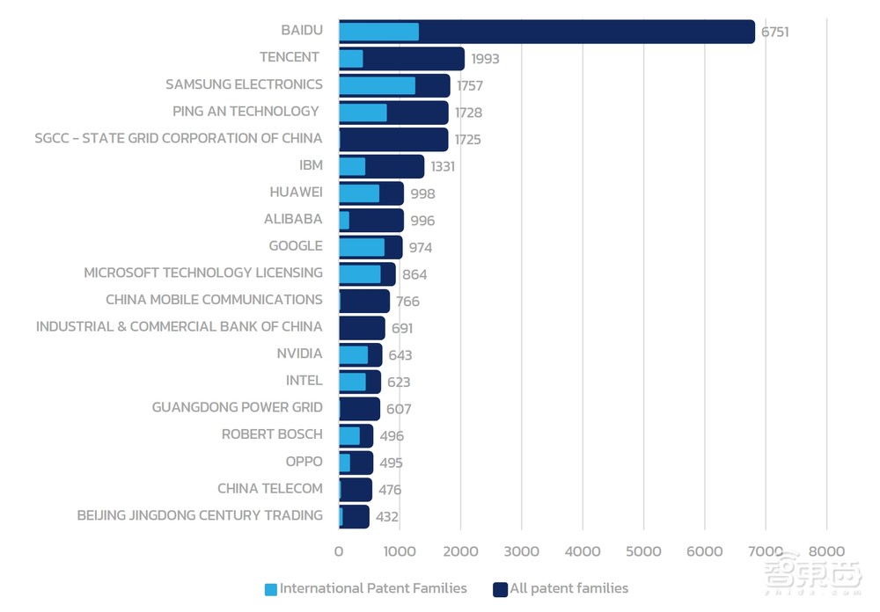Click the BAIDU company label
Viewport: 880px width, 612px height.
(x=302, y=30)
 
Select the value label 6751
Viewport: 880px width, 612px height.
(x=775, y=32)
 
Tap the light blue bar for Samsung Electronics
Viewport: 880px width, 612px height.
(x=377, y=85)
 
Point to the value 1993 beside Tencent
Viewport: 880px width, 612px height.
(x=485, y=59)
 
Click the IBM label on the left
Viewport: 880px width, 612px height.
(x=311, y=164)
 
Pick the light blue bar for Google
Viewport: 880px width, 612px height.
(x=362, y=247)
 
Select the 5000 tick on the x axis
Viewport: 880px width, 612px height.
(x=643, y=551)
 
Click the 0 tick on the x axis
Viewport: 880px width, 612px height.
(x=339, y=551)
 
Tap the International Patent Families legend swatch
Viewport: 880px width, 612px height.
(x=271, y=589)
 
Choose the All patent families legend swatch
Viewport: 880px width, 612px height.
(x=501, y=589)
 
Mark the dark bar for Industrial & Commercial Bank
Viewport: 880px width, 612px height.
(x=362, y=328)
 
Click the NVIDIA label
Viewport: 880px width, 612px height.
(x=299, y=353)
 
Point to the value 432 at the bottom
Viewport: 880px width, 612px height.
(x=387, y=517)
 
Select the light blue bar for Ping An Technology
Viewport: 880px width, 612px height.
(x=363, y=113)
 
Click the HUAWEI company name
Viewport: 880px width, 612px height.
(x=296, y=192)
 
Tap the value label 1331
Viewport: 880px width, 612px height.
(x=443, y=166)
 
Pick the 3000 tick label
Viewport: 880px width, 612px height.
(x=522, y=551)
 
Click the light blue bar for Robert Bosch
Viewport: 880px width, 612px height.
(x=349, y=436)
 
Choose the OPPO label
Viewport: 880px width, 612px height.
(x=304, y=462)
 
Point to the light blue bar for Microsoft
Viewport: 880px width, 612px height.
(x=360, y=274)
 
